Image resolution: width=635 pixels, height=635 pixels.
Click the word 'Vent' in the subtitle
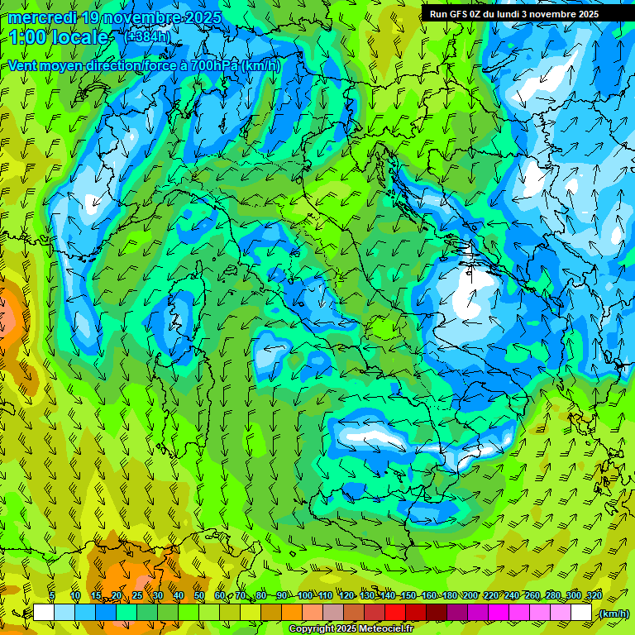[23, 65]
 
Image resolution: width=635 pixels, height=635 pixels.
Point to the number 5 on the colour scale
[52, 596]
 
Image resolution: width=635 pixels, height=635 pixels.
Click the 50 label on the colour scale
[199, 596]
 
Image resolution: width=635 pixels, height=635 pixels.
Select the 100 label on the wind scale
[304, 596]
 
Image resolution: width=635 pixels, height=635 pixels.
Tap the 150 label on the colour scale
[408, 596]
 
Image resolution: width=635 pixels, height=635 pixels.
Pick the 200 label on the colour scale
[470, 596]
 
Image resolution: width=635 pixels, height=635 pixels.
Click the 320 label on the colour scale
[594, 596]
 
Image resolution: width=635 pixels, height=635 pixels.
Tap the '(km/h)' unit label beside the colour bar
[613, 614]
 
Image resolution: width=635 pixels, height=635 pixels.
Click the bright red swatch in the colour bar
[396, 613]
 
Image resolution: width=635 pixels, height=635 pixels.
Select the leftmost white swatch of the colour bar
[44, 613]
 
